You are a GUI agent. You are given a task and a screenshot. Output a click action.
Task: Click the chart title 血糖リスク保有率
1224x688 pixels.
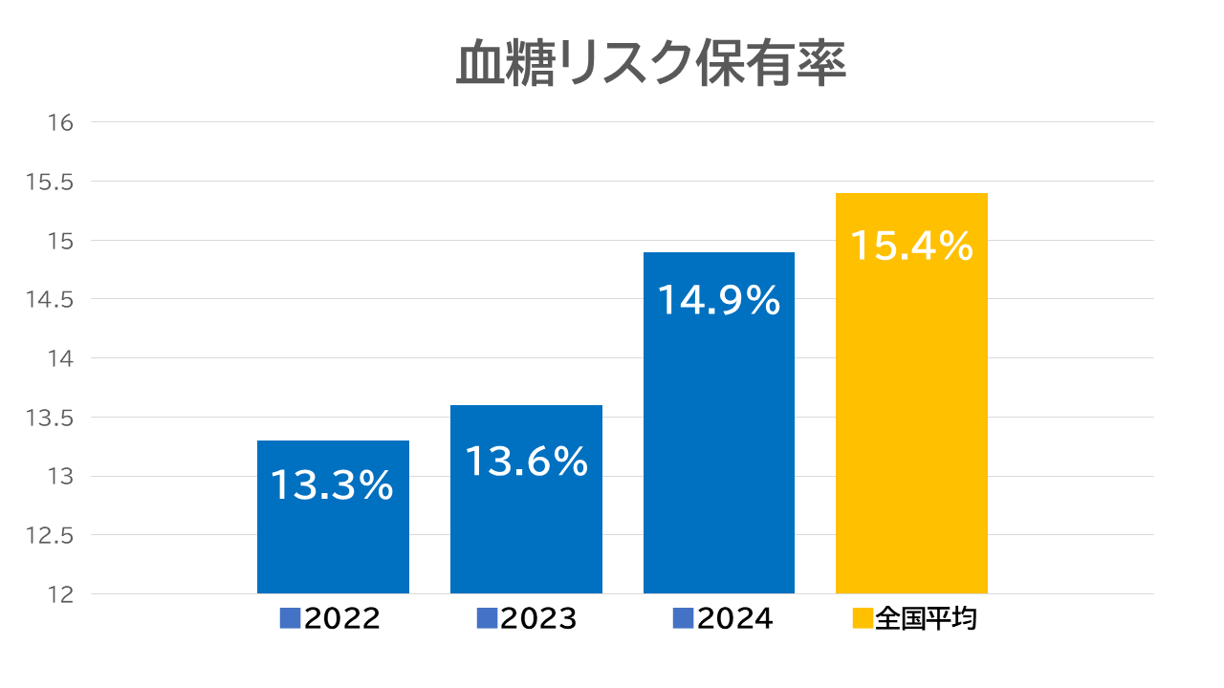(x=650, y=64)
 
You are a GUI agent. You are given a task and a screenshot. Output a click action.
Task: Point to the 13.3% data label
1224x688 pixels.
(x=333, y=485)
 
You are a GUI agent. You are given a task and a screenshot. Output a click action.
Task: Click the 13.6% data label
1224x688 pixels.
(x=526, y=462)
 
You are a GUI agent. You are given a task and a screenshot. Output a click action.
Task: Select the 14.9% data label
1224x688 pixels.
(x=719, y=302)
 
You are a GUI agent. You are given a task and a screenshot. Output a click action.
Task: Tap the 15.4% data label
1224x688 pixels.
(x=911, y=247)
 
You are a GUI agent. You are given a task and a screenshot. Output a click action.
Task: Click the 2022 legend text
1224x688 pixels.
(x=342, y=618)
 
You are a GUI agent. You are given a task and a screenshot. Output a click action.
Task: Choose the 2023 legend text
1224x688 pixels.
(x=538, y=618)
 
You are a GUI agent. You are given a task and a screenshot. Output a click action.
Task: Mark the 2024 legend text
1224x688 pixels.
(x=734, y=618)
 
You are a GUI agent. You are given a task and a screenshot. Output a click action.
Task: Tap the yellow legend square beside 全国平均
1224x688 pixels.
(x=862, y=618)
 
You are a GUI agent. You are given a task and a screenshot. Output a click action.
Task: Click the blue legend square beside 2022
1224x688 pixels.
(x=291, y=618)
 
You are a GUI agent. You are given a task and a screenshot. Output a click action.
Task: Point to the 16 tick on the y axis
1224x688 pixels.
(x=60, y=122)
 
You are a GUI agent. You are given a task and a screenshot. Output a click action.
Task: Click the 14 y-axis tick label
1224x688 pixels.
(x=60, y=358)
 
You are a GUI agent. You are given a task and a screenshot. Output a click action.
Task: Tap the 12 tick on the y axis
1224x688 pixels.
(x=60, y=594)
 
